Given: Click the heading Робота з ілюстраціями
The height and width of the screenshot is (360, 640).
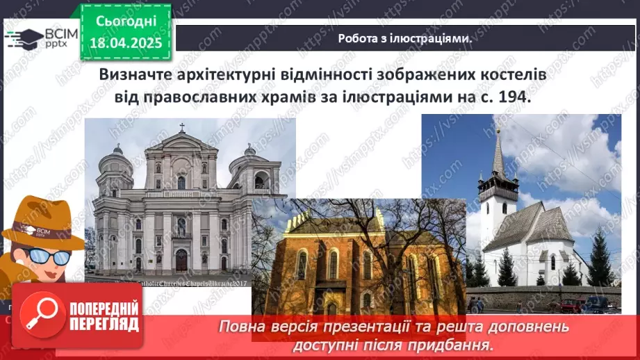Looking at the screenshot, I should [405, 39].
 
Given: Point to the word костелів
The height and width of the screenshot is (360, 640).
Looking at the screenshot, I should [517, 74].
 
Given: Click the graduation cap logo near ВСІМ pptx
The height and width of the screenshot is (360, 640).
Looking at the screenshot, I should [24, 38].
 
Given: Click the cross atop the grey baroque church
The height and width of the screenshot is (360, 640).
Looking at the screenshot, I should [182, 128].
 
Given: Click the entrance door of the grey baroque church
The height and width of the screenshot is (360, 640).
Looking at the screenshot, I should [181, 260].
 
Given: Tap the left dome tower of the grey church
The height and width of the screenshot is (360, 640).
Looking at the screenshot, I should [114, 170].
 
